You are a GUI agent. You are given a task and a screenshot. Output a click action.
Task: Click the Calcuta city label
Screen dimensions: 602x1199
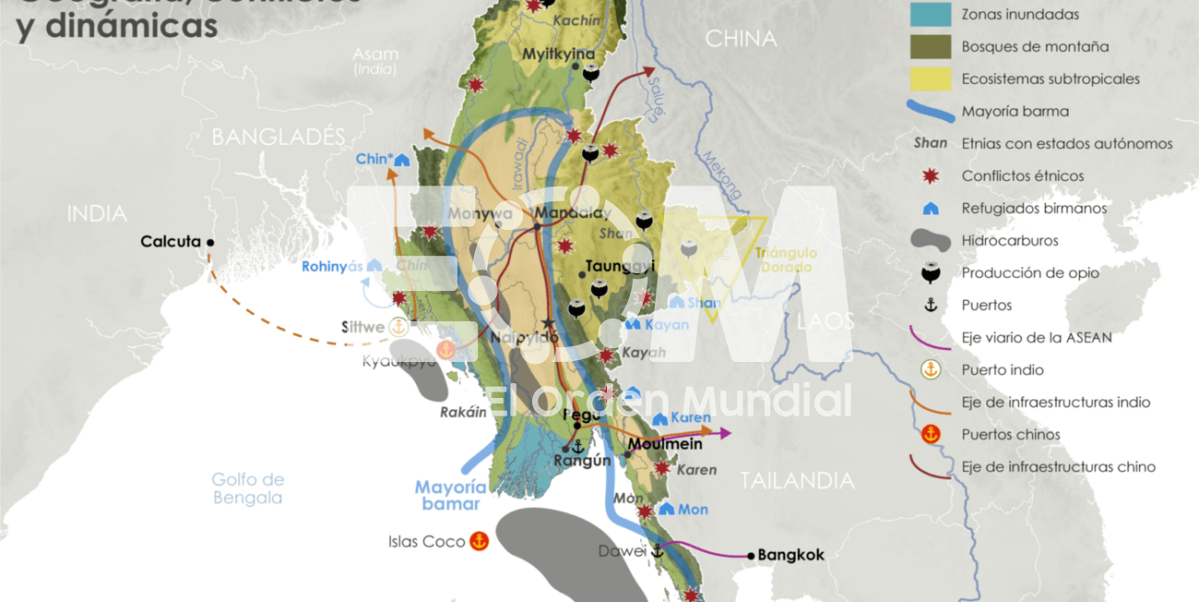pos(171,242)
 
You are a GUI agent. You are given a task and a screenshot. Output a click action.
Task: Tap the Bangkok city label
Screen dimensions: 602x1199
pos(790,555)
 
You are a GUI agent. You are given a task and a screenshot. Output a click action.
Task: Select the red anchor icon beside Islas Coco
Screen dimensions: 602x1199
pos(479,542)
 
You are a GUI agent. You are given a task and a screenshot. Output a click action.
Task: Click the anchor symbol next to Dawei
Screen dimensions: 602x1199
pos(658,551)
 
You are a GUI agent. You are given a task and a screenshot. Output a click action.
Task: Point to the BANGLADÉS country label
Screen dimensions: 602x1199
pos(278,138)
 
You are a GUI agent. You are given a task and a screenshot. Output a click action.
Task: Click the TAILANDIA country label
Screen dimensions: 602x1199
pos(797,480)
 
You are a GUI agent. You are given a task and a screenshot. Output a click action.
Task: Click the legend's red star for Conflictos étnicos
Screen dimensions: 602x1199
pos(931,175)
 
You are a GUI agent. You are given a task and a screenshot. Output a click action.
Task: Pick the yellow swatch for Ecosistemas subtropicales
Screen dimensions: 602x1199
pos(931,78)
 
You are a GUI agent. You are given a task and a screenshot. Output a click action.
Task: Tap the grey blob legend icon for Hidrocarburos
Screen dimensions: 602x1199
pos(931,240)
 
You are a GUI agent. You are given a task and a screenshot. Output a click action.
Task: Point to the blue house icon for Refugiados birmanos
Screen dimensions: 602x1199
pos(931,209)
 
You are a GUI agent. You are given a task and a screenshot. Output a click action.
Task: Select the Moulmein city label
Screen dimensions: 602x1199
pos(665,444)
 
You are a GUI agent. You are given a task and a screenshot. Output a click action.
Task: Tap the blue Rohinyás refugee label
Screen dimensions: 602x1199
pos(328,267)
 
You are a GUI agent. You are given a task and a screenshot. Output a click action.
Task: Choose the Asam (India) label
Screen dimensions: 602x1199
pos(375,61)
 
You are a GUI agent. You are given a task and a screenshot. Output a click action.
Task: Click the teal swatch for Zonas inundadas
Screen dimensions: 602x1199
pos(931,14)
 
